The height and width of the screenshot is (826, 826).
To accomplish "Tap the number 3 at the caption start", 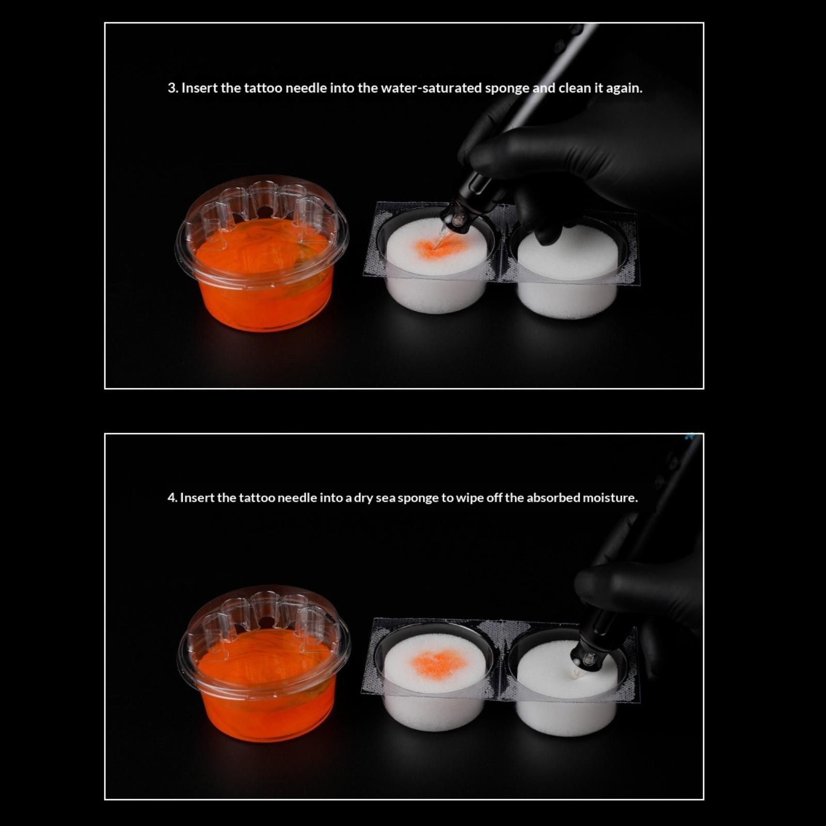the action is pyautogui.click(x=171, y=88).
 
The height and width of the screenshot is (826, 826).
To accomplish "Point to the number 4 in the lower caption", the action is pyautogui.click(x=171, y=498).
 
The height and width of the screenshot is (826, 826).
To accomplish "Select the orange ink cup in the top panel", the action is pyautogui.click(x=262, y=253).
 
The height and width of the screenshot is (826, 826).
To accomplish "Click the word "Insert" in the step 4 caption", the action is pyautogui.click(x=197, y=498).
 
